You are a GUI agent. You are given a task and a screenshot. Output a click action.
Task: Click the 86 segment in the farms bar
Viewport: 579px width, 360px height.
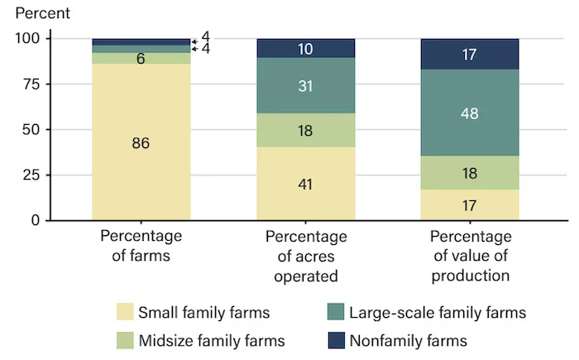pos(141,142)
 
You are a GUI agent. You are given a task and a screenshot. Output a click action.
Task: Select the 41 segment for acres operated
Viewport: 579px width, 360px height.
pos(306,184)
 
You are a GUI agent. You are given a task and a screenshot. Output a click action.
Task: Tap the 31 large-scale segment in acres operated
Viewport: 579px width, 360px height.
pos(306,85)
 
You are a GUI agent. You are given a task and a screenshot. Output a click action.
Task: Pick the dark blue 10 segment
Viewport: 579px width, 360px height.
pos(306,48)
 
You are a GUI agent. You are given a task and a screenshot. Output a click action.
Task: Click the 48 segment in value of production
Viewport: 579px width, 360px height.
pos(471,113)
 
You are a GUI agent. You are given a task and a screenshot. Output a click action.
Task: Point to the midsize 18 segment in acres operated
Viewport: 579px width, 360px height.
pos(306,130)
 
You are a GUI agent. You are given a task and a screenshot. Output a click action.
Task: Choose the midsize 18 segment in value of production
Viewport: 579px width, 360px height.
pos(471,173)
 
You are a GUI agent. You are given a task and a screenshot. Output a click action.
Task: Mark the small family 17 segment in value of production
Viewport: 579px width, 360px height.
pos(471,204)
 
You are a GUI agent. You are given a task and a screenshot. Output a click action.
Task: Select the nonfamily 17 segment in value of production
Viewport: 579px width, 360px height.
pos(471,54)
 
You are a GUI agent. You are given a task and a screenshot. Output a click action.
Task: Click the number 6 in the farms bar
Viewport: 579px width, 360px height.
pos(141,59)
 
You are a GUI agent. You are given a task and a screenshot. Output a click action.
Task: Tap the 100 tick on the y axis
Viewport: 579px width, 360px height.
pos(27,39)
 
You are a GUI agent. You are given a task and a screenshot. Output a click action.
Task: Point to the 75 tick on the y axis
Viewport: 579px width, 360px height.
pos(31,84)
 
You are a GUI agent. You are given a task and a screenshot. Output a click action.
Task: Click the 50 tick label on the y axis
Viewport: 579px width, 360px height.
pos(31,130)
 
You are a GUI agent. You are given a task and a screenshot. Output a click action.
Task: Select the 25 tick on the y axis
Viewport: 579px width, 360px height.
pos(31,175)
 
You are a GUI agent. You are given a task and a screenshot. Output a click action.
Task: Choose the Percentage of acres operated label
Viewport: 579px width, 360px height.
pos(306,257)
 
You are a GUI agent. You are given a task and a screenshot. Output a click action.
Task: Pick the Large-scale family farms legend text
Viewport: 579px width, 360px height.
pos(438,313)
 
